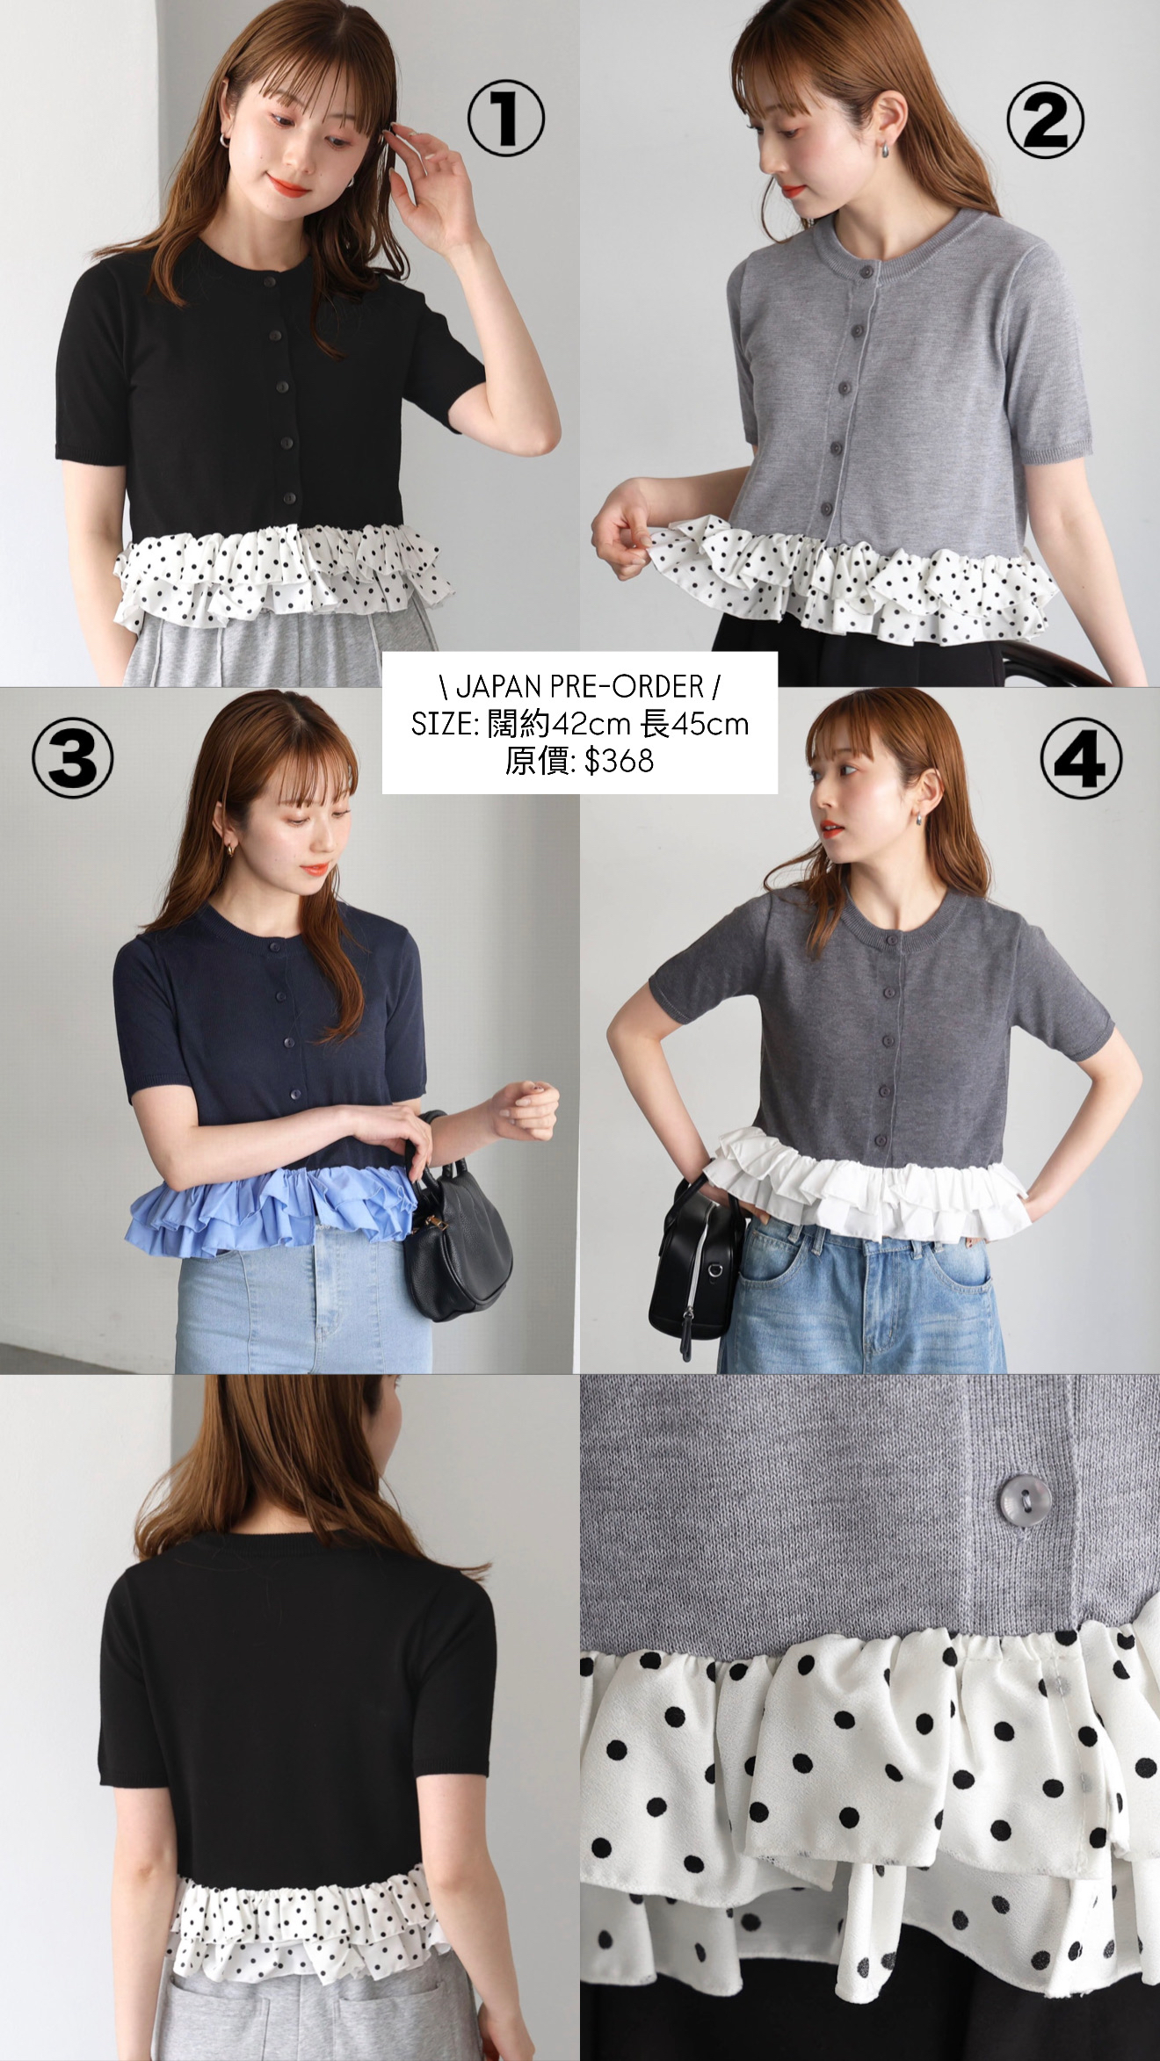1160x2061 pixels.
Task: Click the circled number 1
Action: click(505, 119)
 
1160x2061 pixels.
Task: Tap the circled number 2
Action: click(1045, 119)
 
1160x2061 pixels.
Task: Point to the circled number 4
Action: click(1081, 759)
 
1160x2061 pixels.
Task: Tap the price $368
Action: click(619, 761)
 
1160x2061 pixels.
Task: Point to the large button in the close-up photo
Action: click(1018, 1492)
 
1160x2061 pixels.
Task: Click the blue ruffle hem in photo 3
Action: click(272, 1208)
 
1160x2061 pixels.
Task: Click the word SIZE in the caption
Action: click(442, 725)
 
